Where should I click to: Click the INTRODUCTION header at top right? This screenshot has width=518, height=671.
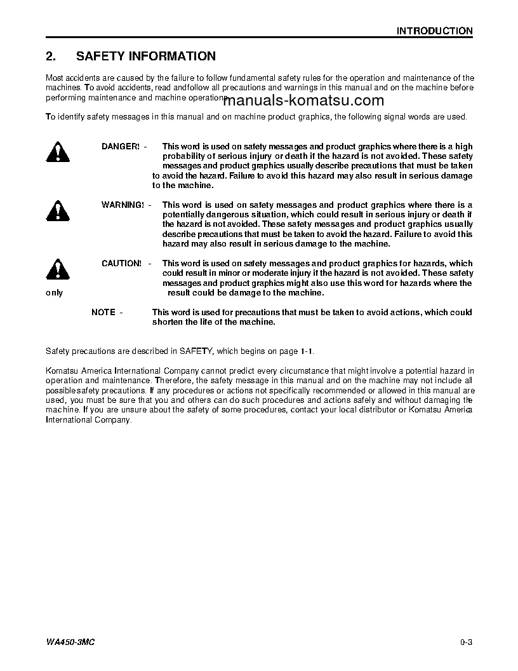pos(434,30)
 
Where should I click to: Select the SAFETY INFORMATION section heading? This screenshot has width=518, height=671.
pos(145,57)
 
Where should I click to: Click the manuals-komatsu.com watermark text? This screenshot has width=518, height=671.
pos(303,100)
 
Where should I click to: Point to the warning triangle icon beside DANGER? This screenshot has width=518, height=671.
pos(57,152)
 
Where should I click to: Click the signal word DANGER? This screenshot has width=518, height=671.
pos(120,147)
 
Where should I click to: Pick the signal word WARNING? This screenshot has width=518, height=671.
pos(122,205)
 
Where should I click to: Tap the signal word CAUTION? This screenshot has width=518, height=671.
pos(121,263)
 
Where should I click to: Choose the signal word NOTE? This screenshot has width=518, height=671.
pos(103,312)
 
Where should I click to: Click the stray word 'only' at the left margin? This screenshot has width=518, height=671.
pos(55,293)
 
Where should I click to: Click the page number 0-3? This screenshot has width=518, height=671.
pos(467,642)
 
